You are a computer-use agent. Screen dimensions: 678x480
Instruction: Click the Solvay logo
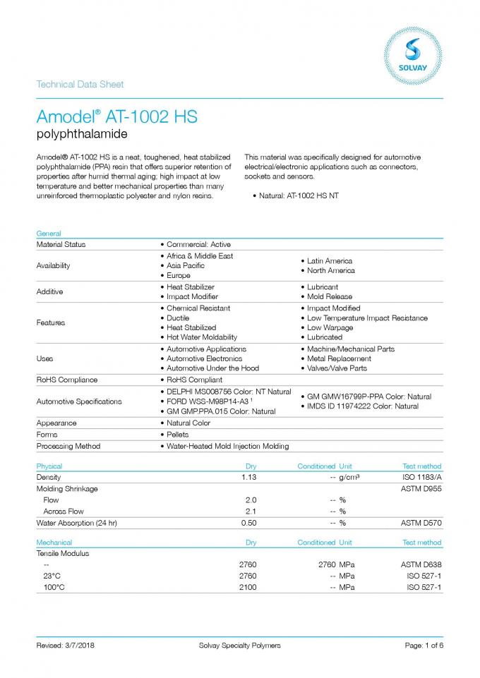[413, 49]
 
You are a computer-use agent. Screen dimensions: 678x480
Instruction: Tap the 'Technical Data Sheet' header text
[80, 85]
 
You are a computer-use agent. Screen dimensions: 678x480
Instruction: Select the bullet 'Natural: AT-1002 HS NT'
[299, 195]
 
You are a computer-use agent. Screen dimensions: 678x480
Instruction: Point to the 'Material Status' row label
[61, 244]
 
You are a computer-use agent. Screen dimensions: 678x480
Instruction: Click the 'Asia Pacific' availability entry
[186, 265]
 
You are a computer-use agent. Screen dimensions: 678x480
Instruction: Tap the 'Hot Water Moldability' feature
[202, 337]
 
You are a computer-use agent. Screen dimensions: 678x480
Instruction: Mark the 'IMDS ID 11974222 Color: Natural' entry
[362, 406]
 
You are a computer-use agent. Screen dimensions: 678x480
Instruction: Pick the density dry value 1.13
[248, 478]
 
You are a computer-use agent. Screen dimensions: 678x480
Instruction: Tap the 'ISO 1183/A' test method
[421, 478]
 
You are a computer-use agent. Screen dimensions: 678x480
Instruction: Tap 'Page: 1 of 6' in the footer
[424, 646]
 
